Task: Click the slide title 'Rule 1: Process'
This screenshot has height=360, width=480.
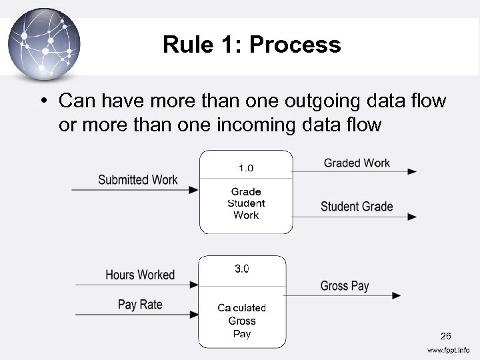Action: tap(251, 45)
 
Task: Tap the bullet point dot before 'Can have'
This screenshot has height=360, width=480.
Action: tap(43, 101)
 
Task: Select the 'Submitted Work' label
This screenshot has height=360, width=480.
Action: tap(137, 179)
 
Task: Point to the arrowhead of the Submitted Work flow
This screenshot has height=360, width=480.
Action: tap(194, 190)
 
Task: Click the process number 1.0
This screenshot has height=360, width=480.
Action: tap(246, 167)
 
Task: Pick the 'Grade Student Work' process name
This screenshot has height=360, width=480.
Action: tap(246, 203)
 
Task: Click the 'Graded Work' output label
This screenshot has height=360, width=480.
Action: tap(357, 163)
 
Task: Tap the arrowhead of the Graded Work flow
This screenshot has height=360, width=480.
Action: tap(412, 172)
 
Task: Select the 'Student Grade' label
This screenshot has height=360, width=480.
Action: tap(357, 207)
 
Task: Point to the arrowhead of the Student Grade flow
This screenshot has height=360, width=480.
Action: tap(412, 217)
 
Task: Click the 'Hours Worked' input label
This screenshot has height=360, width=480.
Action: tap(140, 275)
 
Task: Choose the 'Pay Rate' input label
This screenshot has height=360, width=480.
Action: tap(140, 305)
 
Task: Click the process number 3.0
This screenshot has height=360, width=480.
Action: tap(242, 269)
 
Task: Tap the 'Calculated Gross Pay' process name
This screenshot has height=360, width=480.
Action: tap(242, 321)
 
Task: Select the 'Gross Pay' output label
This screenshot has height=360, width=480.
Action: tap(345, 286)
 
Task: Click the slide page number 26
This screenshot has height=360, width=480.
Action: tap(445, 335)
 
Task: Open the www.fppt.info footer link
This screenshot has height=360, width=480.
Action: tap(448, 350)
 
